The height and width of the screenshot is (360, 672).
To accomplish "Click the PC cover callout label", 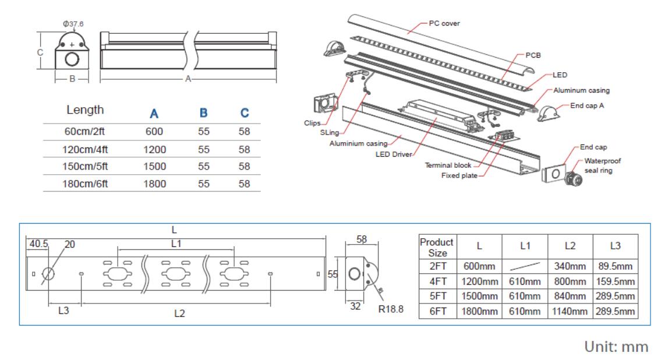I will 444,24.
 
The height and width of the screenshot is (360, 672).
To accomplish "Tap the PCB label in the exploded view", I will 533,54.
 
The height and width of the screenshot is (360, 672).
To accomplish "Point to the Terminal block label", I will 448,165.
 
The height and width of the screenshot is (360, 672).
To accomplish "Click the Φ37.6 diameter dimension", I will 73,23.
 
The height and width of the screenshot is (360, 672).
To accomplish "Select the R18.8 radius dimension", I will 391,309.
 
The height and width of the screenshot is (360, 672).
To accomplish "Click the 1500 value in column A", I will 154,167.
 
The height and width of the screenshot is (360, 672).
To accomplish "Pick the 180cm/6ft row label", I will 85,184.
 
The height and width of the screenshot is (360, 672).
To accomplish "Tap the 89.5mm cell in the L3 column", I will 615,266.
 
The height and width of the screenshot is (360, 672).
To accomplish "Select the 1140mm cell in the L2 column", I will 570,312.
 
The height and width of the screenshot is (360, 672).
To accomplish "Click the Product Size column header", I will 437,248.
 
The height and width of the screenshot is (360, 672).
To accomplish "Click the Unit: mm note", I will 617,347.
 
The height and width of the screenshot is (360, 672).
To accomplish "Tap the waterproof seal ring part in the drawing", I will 573,174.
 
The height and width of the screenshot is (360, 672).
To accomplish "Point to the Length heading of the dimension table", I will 85,110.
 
